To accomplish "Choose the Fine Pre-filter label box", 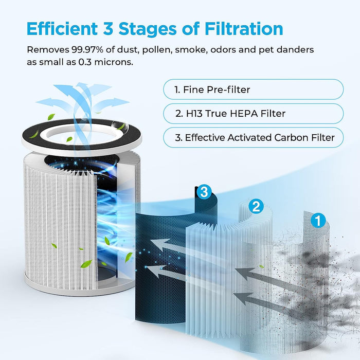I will [253, 89].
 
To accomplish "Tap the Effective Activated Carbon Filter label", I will [253, 137].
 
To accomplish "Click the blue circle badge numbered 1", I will [319, 222].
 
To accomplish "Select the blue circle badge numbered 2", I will [256, 207].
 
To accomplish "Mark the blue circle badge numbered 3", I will [204, 193].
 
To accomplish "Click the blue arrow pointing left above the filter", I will [51, 102].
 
